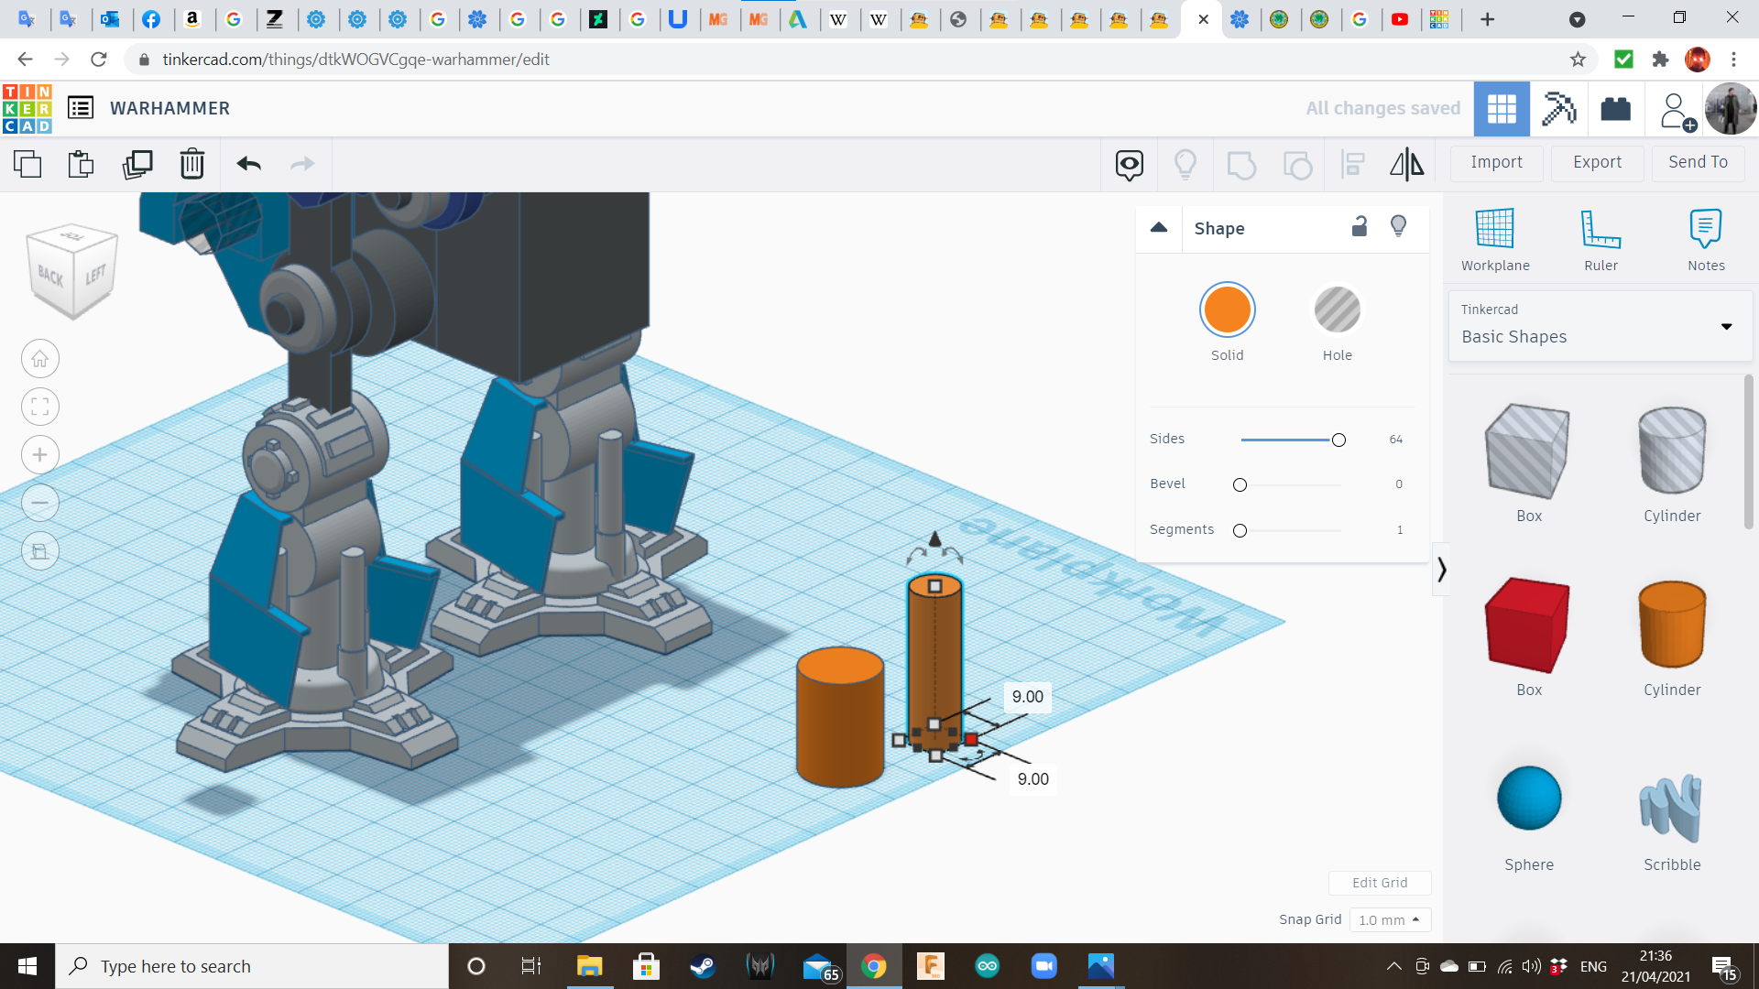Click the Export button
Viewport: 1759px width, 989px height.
(1597, 162)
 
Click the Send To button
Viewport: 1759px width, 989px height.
(1698, 162)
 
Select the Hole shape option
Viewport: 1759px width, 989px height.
(1337, 310)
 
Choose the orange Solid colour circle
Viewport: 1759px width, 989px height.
(1227, 310)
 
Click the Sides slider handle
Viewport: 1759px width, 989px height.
(1338, 440)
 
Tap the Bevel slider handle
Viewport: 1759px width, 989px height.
(1240, 485)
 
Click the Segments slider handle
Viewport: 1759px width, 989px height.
(1240, 531)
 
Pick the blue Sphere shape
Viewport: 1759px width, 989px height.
(1529, 798)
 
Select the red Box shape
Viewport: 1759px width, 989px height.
(1527, 625)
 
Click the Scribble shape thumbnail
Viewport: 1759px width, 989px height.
(1671, 808)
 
